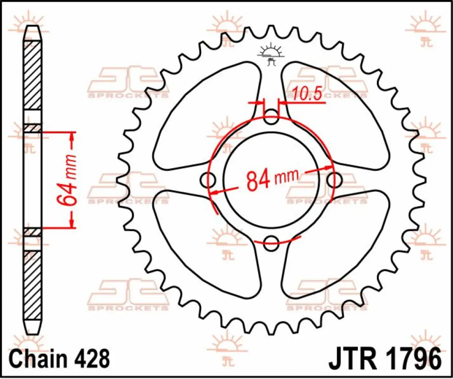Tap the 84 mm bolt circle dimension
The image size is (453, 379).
click(x=272, y=179)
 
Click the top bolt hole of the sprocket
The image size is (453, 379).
click(x=271, y=117)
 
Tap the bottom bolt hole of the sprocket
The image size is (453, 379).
click(x=271, y=243)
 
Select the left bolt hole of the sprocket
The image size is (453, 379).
click(x=208, y=180)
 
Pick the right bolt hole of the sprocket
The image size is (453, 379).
click(x=334, y=180)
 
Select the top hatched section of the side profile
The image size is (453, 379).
click(x=33, y=74)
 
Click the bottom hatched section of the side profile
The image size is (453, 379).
click(x=33, y=284)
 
